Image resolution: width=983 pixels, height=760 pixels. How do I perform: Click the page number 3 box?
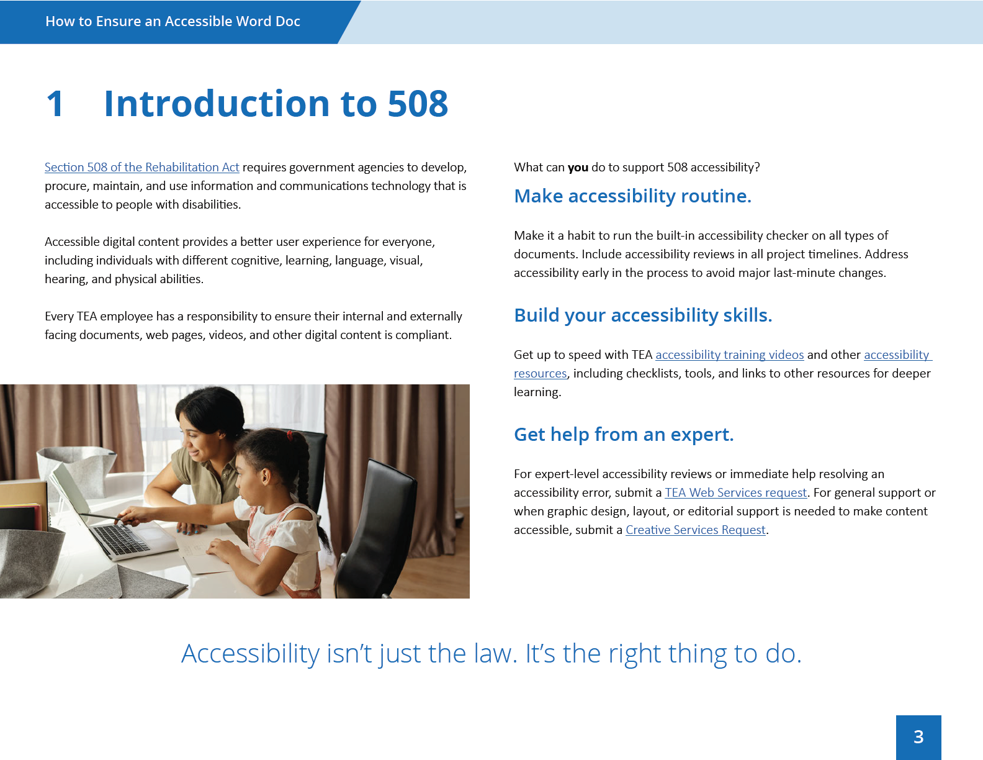[918, 738]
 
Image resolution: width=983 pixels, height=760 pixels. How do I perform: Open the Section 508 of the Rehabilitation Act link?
[141, 168]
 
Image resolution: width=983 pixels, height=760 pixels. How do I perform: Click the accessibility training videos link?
[730, 355]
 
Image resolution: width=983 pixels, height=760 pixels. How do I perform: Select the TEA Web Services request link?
[735, 492]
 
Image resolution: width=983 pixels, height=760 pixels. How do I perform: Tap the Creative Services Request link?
[695, 530]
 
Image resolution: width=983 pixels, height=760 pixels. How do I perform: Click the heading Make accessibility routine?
[632, 196]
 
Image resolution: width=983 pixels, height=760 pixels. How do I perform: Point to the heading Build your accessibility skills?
[643, 315]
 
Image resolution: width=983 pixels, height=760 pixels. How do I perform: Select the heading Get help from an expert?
[623, 435]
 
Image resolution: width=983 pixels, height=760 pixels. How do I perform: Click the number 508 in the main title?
[418, 104]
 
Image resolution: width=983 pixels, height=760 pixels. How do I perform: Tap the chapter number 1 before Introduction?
[55, 104]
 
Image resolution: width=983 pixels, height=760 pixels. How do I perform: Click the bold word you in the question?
[578, 168]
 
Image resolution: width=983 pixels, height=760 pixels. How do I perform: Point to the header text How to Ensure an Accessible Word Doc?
[173, 21]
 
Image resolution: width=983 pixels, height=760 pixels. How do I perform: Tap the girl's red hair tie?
[290, 435]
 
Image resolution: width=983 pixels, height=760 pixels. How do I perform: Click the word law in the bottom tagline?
[495, 654]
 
